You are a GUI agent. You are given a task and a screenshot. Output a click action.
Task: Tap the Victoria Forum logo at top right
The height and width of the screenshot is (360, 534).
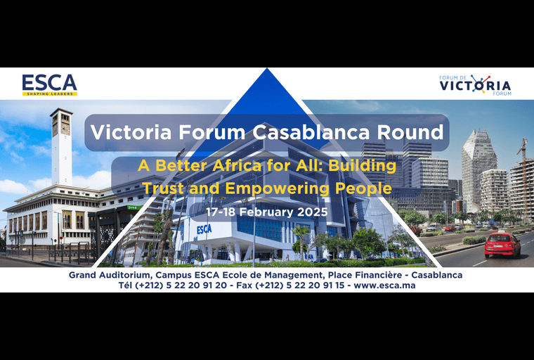(475, 84)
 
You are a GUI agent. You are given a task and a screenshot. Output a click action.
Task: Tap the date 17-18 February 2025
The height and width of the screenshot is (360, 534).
(267, 211)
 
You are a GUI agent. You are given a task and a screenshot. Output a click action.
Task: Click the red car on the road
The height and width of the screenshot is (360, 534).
(502, 245)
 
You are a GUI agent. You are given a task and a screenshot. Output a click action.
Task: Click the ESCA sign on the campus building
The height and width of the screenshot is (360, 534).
(204, 229)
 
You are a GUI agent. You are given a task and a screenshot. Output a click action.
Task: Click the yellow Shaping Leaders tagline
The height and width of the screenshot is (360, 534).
(49, 94)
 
